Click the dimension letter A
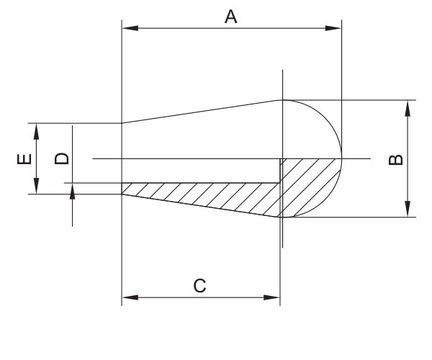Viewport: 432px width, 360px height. (x=231, y=17)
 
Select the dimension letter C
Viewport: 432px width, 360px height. (x=199, y=286)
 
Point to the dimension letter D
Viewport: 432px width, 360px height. (x=62, y=158)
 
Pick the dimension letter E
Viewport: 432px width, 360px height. (x=24, y=159)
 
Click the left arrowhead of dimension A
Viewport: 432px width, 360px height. (x=130, y=28)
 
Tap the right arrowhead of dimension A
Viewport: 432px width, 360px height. (x=333, y=28)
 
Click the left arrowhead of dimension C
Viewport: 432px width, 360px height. (x=130, y=297)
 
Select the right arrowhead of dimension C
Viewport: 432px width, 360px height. (x=272, y=297)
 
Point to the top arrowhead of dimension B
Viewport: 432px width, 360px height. (x=408, y=108)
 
